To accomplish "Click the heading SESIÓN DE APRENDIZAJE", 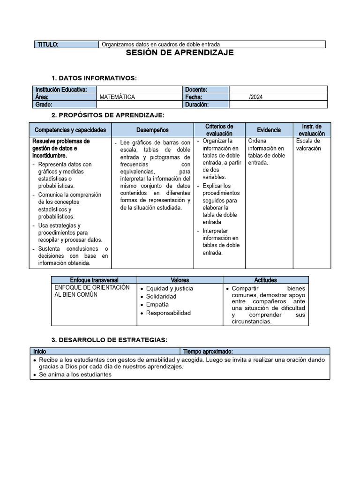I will point(180,53).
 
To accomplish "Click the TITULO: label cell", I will point(48,45).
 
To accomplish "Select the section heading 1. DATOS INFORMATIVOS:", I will point(94,78).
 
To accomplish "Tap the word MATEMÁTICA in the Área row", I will point(117,97).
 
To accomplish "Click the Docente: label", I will point(196,90).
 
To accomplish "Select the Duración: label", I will point(197,105).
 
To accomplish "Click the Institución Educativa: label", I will point(61,90).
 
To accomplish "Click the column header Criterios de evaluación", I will point(219,130).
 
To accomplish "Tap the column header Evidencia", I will point(269,130).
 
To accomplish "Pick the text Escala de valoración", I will point(308,144).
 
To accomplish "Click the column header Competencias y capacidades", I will point(70,130).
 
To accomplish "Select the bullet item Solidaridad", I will point(161,297).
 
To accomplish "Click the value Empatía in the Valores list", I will point(157,305).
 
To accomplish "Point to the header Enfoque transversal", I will point(94,280).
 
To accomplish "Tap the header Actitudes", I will point(265,280).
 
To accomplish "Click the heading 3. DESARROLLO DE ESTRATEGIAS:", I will point(109,340).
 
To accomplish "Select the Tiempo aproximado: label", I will point(208,351).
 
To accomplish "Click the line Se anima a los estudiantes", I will point(75,375).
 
